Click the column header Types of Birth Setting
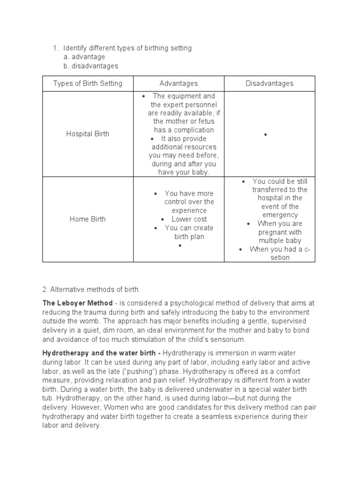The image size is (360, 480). [x=88, y=83]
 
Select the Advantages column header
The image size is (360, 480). [x=179, y=83]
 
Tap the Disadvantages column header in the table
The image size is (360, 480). [x=270, y=83]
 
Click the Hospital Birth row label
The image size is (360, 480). [x=88, y=134]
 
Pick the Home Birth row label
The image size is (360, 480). [x=88, y=219]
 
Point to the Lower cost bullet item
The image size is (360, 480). [x=189, y=219]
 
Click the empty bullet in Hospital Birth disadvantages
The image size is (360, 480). [x=265, y=135]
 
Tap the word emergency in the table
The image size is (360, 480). [x=281, y=215]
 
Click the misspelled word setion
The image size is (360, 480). [x=280, y=258]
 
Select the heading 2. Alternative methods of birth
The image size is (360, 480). [x=90, y=290]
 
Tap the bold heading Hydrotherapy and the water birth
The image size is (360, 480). [x=101, y=353]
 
